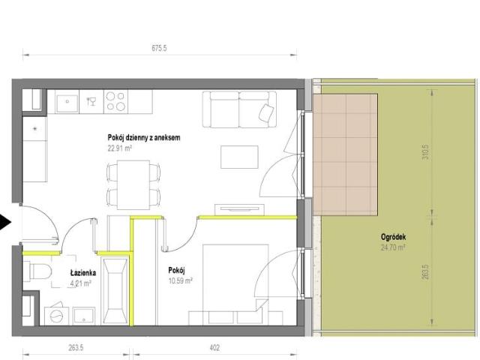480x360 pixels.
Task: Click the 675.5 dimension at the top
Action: [159, 48]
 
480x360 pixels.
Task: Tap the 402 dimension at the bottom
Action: [214, 348]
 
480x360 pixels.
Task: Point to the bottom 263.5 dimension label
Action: [76, 348]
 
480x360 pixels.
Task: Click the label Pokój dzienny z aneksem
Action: [144, 138]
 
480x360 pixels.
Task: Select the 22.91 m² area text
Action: [120, 148]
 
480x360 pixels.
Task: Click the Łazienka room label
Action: [83, 273]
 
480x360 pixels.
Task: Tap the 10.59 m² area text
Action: [180, 280]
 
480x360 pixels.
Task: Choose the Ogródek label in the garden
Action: [393, 237]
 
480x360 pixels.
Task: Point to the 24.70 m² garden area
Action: [393, 247]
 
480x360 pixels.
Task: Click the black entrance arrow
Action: [5, 222]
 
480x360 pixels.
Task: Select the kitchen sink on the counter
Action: [67, 101]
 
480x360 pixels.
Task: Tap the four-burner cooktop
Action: [115, 101]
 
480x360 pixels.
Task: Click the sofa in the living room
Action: [239, 109]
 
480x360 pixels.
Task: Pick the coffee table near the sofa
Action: [239, 157]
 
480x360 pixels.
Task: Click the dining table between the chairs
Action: [133, 185]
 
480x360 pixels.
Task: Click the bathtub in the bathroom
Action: [115, 290]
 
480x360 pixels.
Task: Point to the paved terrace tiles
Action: [345, 155]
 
